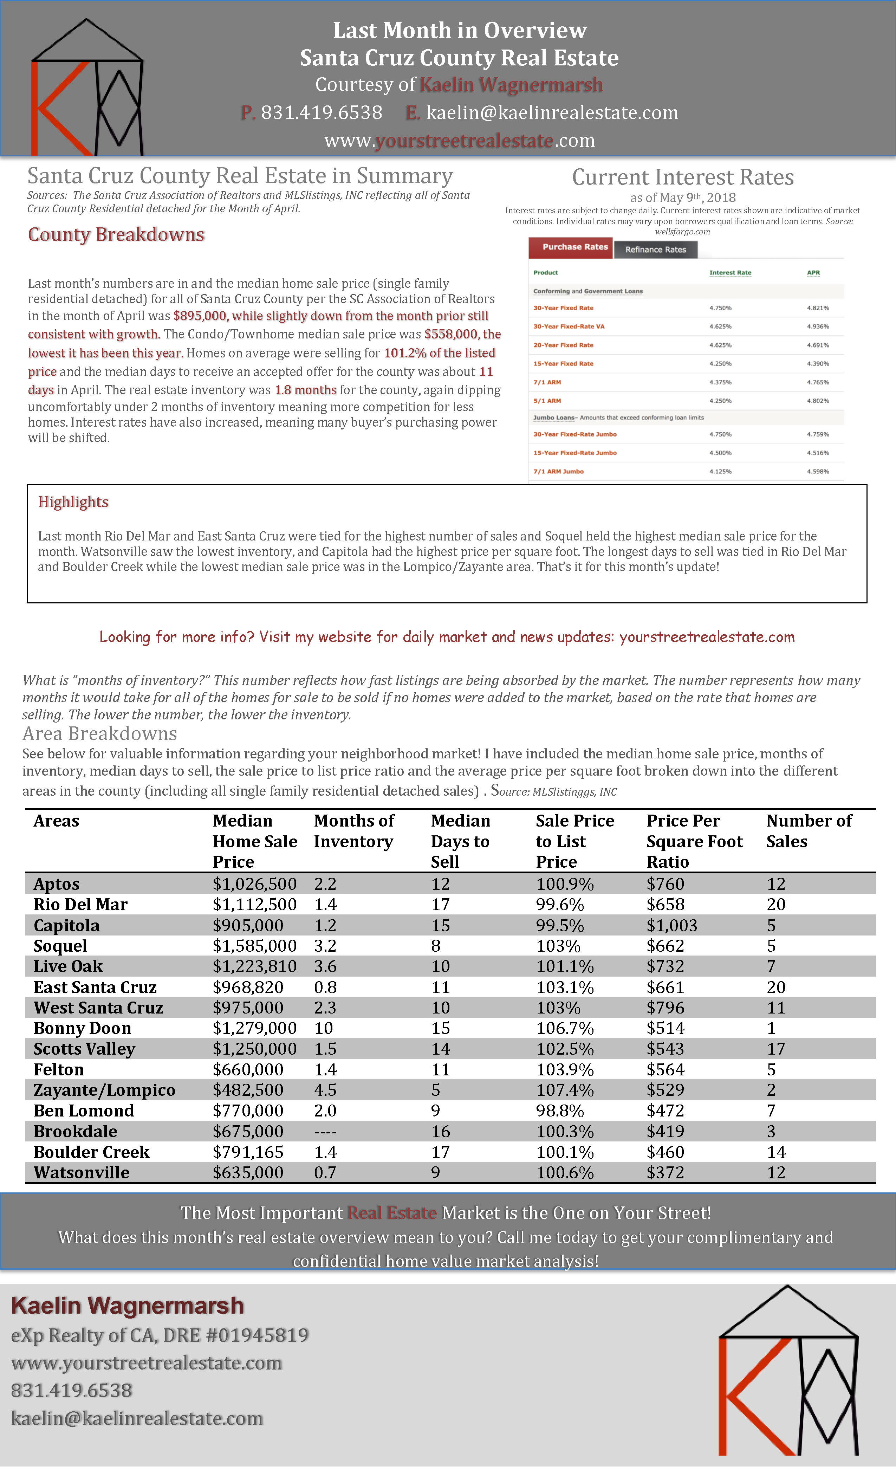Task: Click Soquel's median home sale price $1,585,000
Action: tap(254, 946)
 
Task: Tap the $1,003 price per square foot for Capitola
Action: tap(671, 926)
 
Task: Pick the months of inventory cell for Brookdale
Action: tap(325, 1132)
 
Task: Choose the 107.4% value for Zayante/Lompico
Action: tap(564, 1090)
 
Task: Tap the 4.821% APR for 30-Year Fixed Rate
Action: tap(818, 308)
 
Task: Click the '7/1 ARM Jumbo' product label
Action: tap(558, 471)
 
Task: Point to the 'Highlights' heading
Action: tap(73, 502)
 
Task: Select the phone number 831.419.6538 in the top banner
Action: tap(321, 112)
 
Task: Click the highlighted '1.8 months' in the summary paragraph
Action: tap(305, 390)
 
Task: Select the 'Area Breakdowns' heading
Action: tap(99, 734)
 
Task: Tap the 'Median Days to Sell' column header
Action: tap(460, 841)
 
